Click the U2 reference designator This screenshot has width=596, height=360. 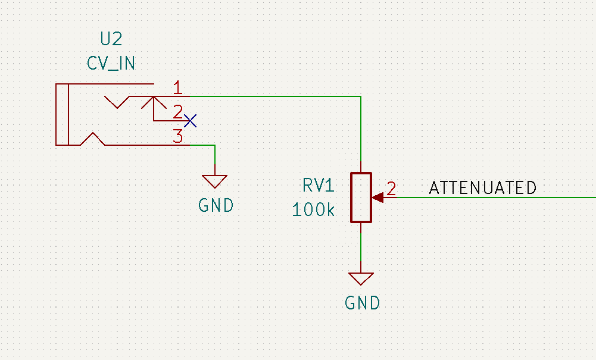(111, 39)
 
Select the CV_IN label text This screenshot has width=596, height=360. (111, 64)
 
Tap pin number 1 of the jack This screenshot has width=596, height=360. (177, 87)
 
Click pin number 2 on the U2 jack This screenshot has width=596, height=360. (177, 112)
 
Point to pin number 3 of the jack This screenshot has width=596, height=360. (177, 136)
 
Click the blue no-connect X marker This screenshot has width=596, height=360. (190, 121)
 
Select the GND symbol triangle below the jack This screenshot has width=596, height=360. (215, 181)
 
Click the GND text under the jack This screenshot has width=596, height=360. (216, 205)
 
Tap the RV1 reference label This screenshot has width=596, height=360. (319, 185)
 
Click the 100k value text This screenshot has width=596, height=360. (314, 209)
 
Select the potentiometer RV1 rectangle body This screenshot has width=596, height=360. (361, 198)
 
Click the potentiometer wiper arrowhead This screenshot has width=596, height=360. (378, 198)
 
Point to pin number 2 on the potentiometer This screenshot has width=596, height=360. (392, 189)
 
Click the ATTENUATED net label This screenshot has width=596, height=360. (483, 187)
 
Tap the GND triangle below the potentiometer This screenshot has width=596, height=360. (361, 278)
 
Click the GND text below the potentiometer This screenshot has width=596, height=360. (362, 303)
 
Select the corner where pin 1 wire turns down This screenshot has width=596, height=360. (361, 96)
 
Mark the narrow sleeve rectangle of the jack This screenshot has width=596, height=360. (62, 114)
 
